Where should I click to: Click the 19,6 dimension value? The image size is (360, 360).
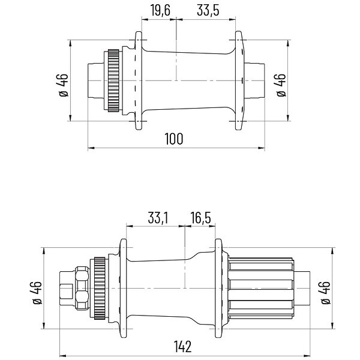tap(160, 11)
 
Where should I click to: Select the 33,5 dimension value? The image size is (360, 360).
tap(208, 11)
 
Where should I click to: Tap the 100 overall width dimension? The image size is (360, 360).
tap(174, 139)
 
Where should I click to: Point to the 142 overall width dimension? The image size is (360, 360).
tap(182, 346)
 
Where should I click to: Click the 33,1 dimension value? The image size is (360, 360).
tap(158, 218)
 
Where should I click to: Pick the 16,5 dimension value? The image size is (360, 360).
tap(200, 218)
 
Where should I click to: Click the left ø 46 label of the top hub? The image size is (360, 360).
tap(64, 85)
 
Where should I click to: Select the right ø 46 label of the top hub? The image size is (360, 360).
tap(281, 85)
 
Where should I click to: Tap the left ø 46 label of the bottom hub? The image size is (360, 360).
tap(37, 293)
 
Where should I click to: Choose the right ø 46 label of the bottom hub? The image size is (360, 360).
tap(326, 293)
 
